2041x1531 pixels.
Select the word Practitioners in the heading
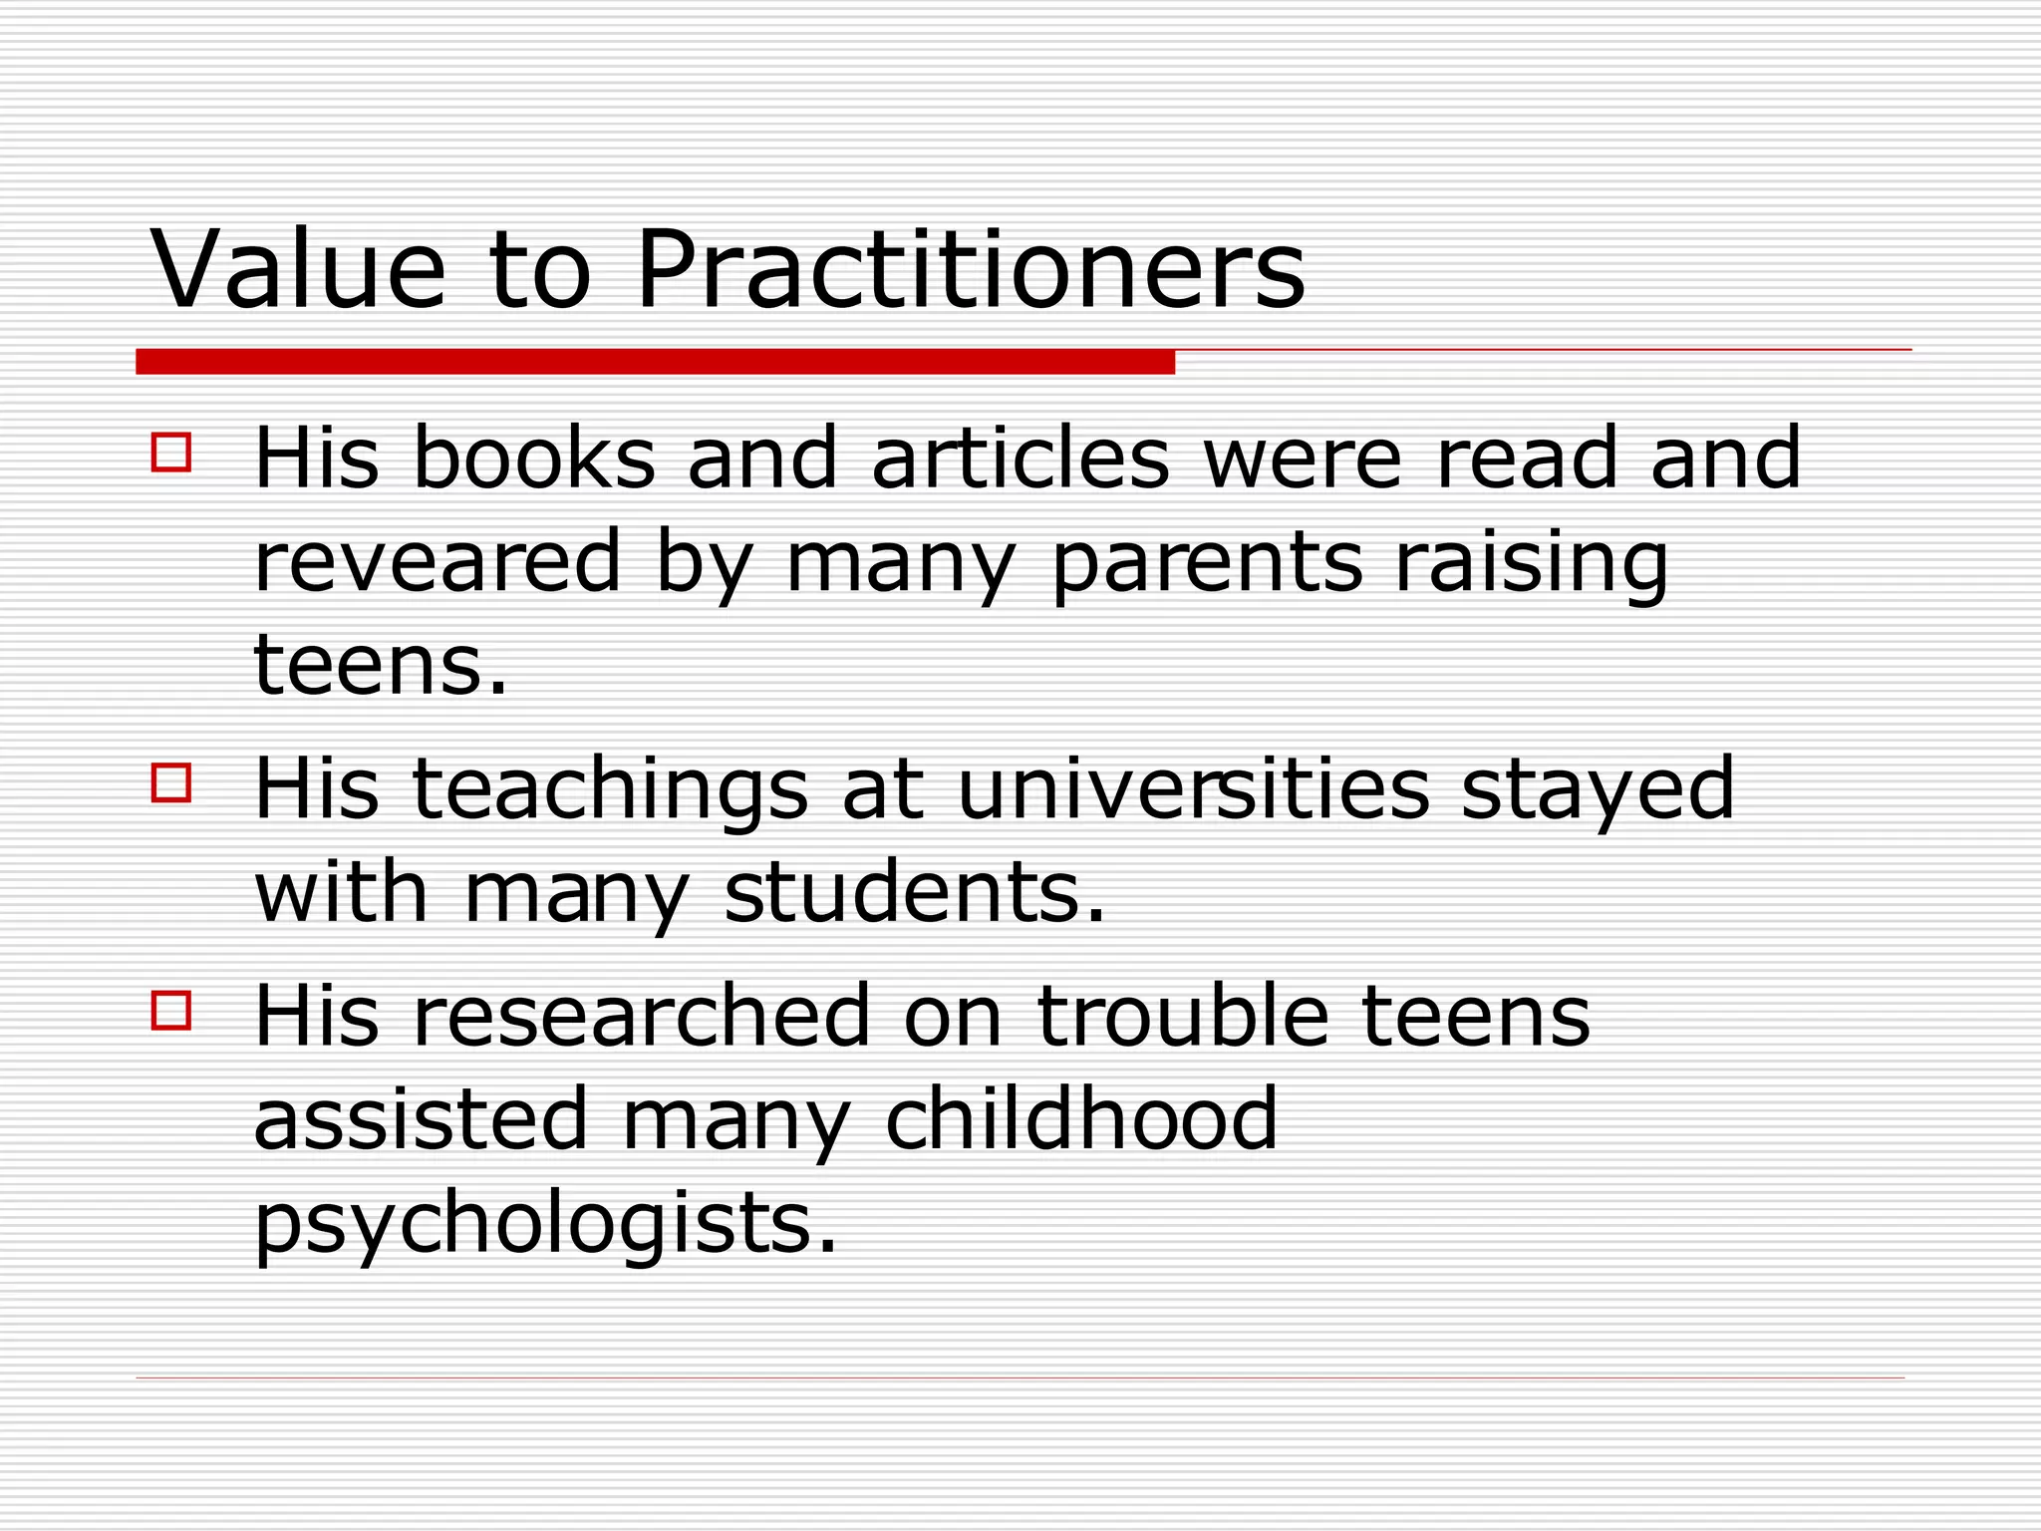[x=969, y=270]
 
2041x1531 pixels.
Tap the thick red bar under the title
[x=655, y=362]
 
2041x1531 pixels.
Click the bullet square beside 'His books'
[x=171, y=452]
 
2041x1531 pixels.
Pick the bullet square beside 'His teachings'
[x=171, y=782]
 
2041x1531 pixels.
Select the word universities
[x=1193, y=789]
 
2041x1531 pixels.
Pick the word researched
[x=641, y=1017]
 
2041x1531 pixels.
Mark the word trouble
[x=1183, y=1017]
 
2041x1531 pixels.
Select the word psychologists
[x=545, y=1225]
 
